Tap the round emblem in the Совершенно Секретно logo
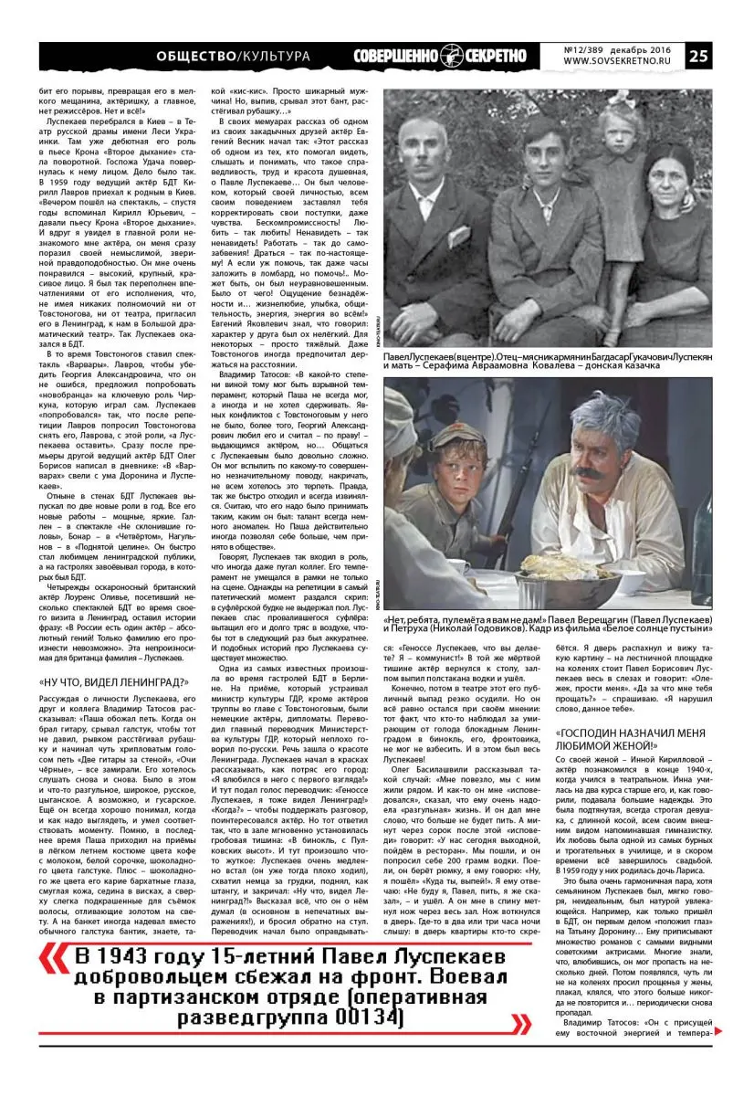[x=450, y=56]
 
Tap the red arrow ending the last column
[x=717, y=1030]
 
